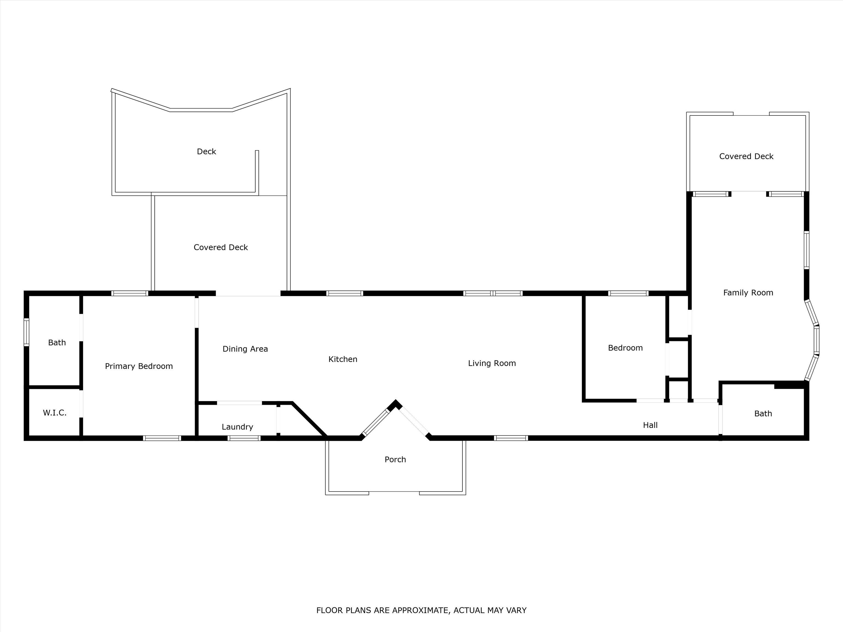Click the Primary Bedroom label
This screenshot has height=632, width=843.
(139, 366)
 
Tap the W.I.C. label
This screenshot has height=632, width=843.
(55, 413)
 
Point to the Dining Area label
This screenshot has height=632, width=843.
(245, 349)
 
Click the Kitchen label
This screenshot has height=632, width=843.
(343, 359)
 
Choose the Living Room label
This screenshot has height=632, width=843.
(492, 363)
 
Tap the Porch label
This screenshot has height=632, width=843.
(395, 459)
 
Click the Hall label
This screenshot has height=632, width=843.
(650, 425)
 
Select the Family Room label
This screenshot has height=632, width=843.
(748, 293)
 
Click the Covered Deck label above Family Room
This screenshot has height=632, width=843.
(746, 156)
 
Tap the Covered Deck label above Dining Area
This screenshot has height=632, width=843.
(221, 247)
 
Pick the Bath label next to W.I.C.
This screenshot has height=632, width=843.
(57, 343)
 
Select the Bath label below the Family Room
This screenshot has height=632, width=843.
(763, 413)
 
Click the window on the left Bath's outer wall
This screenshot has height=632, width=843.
(26, 332)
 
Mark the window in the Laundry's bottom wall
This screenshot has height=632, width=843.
(244, 438)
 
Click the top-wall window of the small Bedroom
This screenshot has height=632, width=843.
(628, 293)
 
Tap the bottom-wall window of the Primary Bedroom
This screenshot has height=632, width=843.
(162, 438)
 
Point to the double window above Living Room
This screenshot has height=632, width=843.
(493, 293)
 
